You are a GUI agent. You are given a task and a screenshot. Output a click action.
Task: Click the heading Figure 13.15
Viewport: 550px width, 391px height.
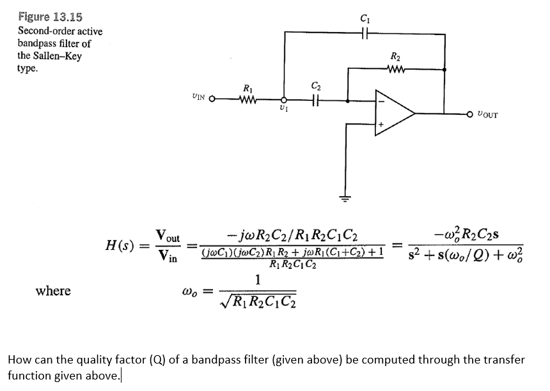(x=50, y=17)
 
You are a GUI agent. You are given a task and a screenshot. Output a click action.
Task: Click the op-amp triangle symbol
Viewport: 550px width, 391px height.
(x=395, y=114)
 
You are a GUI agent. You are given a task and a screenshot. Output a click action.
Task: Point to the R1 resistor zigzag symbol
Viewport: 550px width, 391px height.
(x=247, y=99)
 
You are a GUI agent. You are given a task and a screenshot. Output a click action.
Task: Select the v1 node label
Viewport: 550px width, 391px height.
(x=285, y=111)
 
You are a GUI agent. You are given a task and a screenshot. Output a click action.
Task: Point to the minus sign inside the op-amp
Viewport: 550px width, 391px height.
(x=381, y=100)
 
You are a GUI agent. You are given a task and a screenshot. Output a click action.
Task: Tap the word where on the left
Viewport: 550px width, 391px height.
(x=53, y=291)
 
